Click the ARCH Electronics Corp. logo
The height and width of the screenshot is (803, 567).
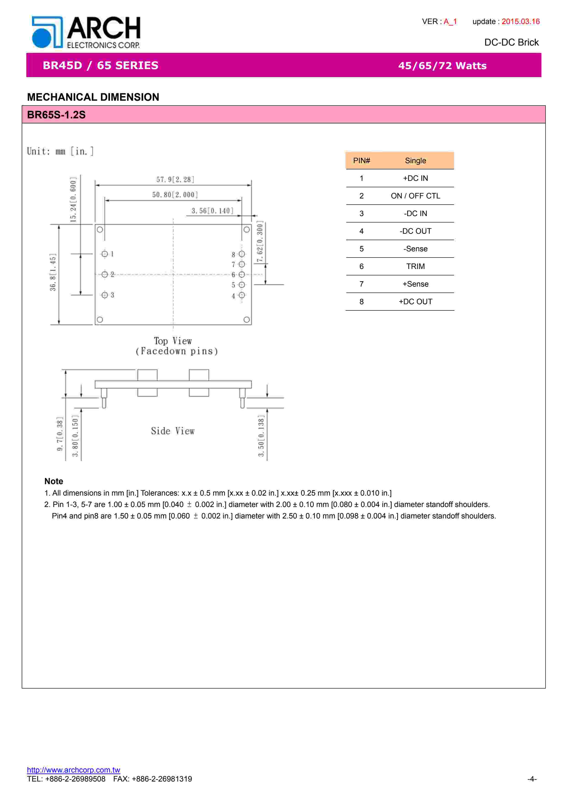coord(86,32)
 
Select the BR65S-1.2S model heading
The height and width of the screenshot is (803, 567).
coord(56,115)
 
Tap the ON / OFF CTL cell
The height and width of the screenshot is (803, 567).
coord(415,196)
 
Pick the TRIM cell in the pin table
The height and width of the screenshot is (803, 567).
coord(415,266)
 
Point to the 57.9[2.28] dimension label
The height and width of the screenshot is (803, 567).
coord(175,179)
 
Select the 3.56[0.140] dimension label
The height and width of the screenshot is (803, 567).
coord(212,211)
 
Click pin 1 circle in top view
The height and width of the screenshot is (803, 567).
coord(105,254)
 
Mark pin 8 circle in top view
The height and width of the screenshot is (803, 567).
coord(241,254)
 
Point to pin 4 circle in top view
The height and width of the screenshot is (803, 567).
coord(241,295)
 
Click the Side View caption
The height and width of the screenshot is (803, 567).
coord(173,431)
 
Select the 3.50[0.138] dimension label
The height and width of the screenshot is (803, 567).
coord(261,436)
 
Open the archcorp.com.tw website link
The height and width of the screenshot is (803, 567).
coord(73,770)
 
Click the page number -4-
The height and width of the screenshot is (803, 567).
coord(532,779)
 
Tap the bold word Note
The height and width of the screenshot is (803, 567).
coord(54,481)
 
